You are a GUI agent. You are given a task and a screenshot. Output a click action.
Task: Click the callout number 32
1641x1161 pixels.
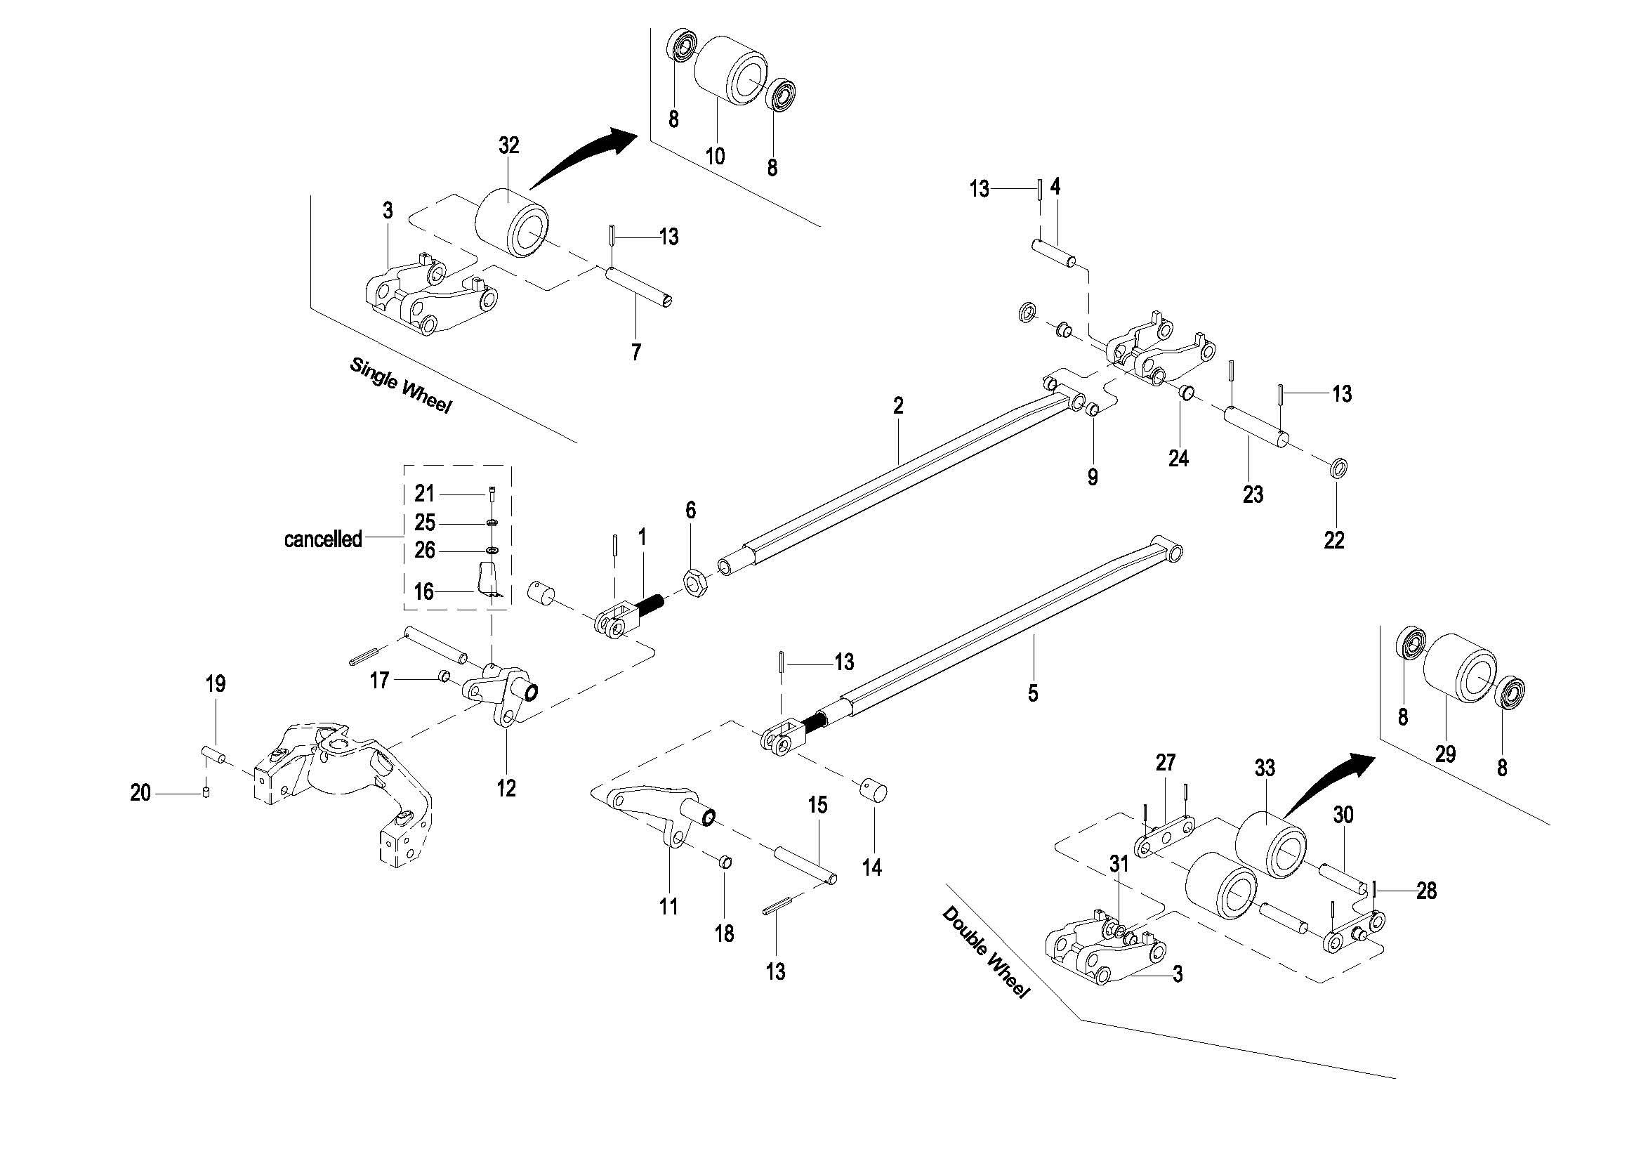(508, 146)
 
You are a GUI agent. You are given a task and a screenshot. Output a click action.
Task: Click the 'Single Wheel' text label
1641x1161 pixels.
(400, 386)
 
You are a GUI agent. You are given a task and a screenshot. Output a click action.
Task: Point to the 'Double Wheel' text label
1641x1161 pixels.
(986, 952)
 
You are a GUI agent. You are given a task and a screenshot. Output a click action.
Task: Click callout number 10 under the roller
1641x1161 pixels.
(716, 156)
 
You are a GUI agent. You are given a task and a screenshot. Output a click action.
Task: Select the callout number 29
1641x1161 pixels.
(1445, 754)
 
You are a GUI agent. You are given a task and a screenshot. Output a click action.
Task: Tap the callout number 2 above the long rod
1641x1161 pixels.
(897, 406)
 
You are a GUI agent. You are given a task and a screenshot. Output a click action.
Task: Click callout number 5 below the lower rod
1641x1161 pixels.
(1032, 693)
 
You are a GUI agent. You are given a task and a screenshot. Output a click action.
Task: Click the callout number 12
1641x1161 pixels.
(506, 789)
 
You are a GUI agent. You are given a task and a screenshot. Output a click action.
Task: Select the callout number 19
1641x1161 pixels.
(215, 684)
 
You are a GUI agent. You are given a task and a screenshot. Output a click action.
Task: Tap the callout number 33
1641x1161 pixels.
(1265, 768)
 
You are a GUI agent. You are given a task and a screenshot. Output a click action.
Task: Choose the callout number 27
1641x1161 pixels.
(1165, 763)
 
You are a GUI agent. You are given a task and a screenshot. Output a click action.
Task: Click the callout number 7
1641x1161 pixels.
(635, 352)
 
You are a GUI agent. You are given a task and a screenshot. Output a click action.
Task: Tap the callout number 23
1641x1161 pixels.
(1252, 494)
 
